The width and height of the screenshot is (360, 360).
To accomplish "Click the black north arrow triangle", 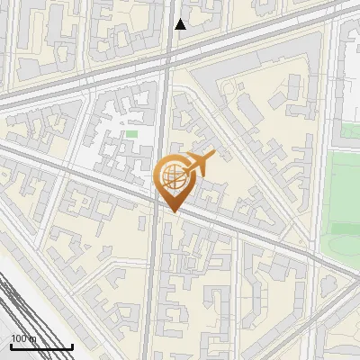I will [x=180, y=24].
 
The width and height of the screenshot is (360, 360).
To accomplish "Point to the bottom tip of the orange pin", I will [x=173, y=212].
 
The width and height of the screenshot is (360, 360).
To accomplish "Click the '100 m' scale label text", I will [x=23, y=338].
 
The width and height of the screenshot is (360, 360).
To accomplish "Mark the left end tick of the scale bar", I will [x=11, y=346].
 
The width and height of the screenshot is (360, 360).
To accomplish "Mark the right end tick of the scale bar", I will [x=72, y=346].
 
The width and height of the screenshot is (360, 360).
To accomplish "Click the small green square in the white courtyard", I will [x=131, y=134].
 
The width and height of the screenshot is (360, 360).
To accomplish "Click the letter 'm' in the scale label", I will [x=34, y=338].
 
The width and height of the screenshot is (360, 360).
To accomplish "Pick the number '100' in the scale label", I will [x=19, y=338].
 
